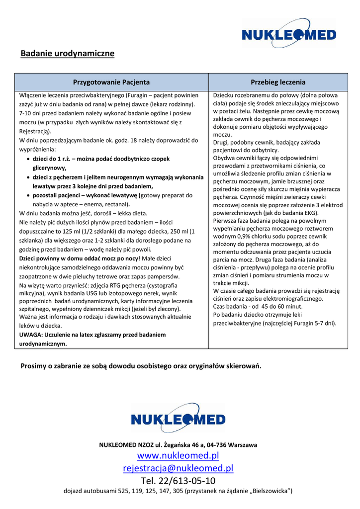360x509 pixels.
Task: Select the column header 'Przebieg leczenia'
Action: (x=278, y=82)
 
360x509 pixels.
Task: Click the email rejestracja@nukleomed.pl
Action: (x=178, y=468)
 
